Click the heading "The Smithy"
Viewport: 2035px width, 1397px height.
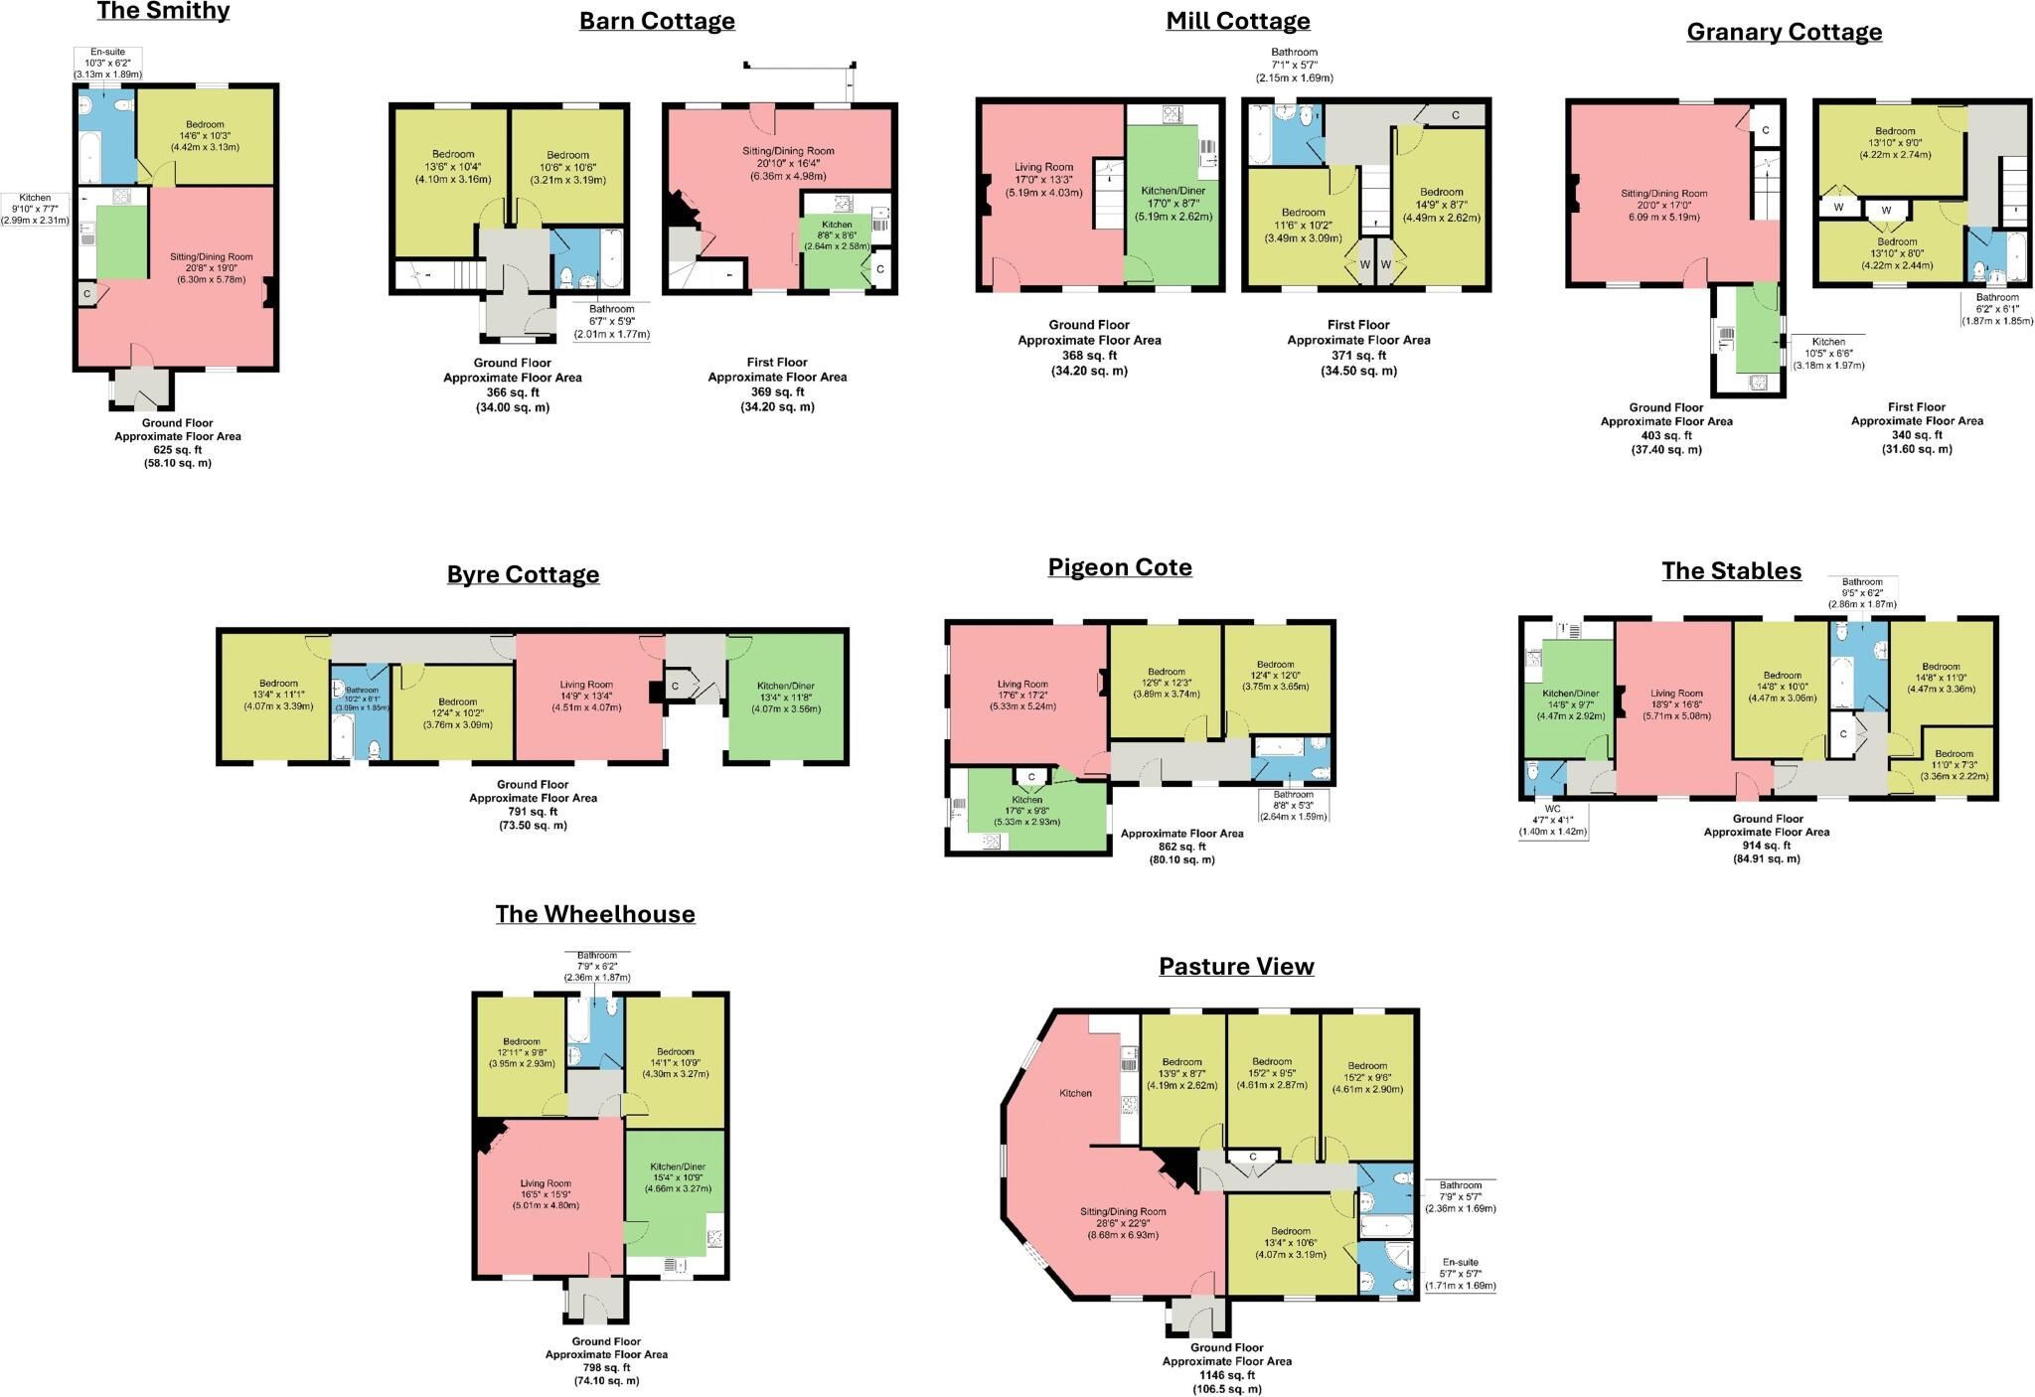(163, 12)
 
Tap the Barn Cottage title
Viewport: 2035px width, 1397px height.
(657, 21)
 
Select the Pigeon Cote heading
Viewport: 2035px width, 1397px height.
(1120, 567)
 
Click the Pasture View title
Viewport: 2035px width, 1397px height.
(1236, 966)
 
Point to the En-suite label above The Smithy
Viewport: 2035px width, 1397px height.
(107, 52)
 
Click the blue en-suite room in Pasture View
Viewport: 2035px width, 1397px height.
(1385, 1268)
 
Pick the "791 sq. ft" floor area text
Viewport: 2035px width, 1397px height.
(533, 812)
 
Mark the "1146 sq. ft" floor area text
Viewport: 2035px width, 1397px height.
(1226, 1375)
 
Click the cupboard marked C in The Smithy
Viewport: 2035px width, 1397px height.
(87, 294)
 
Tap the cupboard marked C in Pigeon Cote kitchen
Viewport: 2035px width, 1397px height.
(1031, 777)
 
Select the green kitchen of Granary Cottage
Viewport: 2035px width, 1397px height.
(1756, 328)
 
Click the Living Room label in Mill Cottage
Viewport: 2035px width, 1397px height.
(1043, 167)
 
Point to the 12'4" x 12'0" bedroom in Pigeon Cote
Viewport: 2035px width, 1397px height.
(1278, 679)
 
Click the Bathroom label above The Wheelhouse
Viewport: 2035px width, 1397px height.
(597, 955)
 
